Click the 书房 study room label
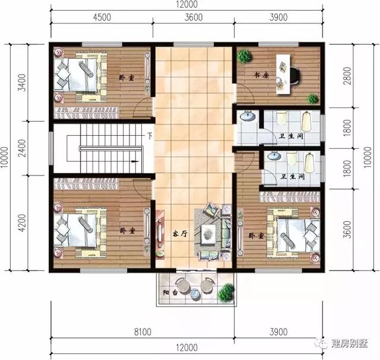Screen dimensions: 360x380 (x=262, y=75)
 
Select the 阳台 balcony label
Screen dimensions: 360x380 (x=169, y=292)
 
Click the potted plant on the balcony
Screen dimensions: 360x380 (x=226, y=292)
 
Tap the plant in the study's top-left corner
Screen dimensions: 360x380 (x=244, y=56)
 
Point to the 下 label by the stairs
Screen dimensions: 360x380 (x=150, y=136)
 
